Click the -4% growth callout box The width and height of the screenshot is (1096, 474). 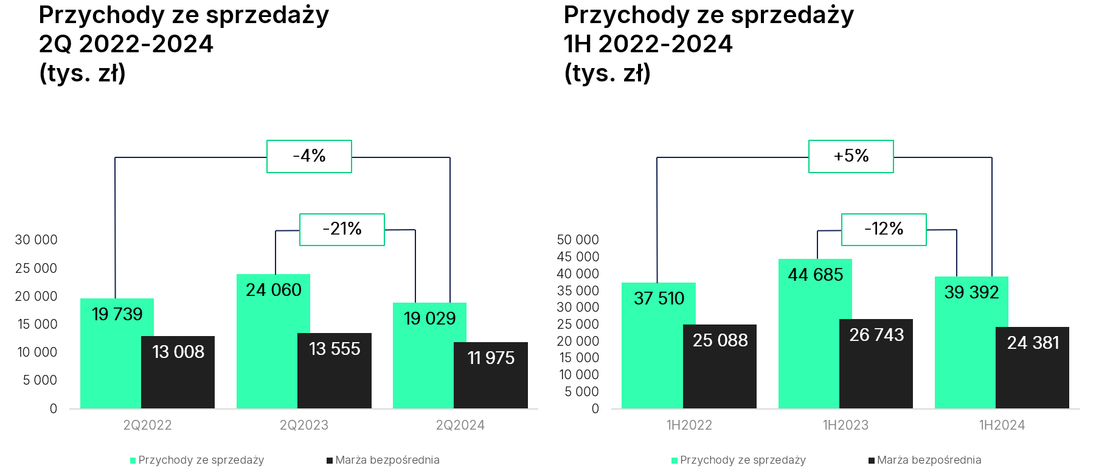pos(309,156)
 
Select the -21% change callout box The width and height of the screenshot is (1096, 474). pos(342,229)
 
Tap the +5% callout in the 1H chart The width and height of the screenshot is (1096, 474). pos(851,156)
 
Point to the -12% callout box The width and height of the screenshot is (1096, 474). pos(884,229)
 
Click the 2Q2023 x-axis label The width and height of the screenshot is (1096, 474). pos(304,425)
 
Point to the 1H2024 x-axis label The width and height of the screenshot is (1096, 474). pos(1002,425)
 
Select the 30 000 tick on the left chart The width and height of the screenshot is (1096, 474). pos(36,240)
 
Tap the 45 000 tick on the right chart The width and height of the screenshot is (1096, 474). pos(578,257)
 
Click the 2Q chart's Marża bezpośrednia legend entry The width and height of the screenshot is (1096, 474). pos(383,460)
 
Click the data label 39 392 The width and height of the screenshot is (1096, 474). pos(971,292)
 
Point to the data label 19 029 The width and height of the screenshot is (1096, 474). pos(429,318)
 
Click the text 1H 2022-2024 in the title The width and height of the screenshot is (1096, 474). pos(648,44)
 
